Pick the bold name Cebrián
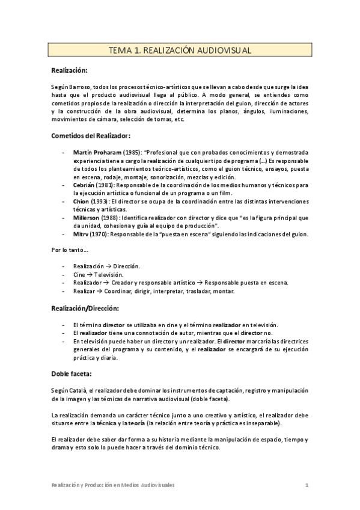(84, 186)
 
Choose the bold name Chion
(81, 202)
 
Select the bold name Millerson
(87, 218)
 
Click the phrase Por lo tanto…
(70, 250)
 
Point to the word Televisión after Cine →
(111, 274)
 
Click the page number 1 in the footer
(307, 486)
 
